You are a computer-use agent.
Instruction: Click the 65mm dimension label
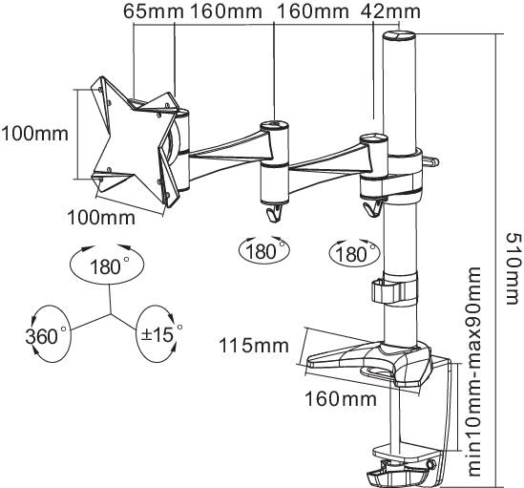point(145,12)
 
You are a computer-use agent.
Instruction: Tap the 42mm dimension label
point(391,12)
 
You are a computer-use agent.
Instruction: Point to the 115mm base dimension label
point(249,346)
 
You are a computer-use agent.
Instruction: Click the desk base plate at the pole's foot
point(372,361)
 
